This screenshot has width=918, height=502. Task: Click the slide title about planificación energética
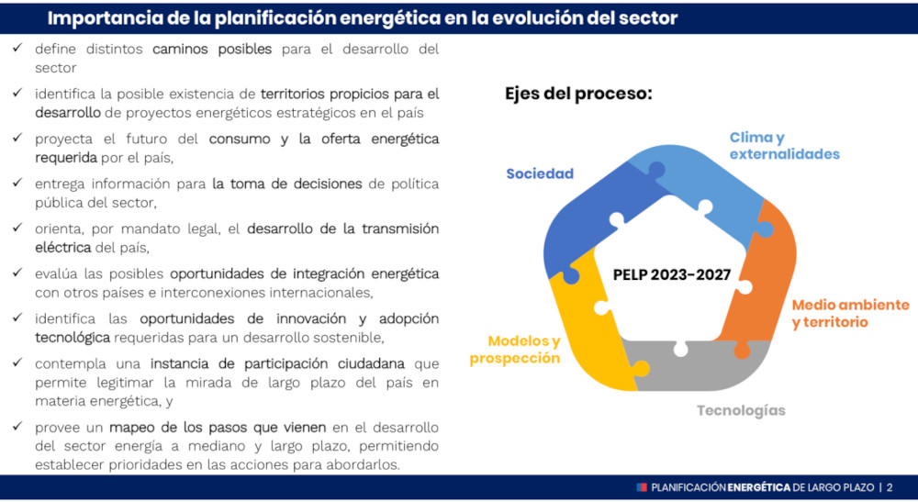click(363, 18)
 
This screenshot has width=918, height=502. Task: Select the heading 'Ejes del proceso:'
click(578, 94)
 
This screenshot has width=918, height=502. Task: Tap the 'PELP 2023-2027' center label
click(672, 274)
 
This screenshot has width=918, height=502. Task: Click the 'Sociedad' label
click(540, 173)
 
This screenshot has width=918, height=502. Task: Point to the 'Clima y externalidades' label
click(785, 146)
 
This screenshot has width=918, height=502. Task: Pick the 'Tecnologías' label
click(741, 411)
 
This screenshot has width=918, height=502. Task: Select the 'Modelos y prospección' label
click(515, 350)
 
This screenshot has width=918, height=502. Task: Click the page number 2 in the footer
click(890, 487)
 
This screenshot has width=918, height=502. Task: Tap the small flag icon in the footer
click(642, 487)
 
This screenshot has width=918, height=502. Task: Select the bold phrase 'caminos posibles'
click(212, 50)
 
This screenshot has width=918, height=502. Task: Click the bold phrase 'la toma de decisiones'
click(286, 184)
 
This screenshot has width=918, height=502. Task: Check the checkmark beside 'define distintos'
click(17, 48)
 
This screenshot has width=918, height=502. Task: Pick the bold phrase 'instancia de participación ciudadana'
click(277, 364)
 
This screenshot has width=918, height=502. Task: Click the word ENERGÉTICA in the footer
click(759, 487)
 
